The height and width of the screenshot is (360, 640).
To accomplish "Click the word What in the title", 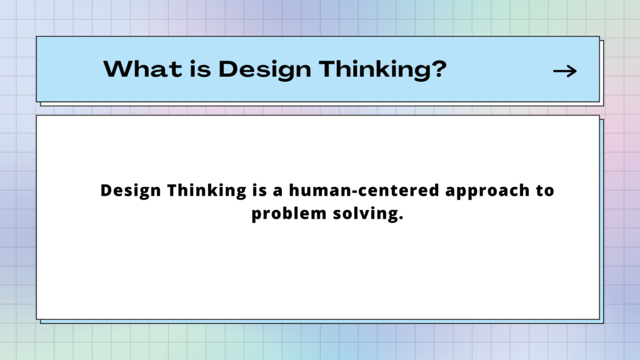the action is coord(142,69).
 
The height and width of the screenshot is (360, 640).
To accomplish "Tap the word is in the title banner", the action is coord(200,69).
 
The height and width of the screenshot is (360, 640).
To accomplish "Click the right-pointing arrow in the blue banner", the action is coord(565,71).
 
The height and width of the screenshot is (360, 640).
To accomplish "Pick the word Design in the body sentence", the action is coord(131,191).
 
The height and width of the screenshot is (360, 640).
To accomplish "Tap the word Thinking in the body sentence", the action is coord(207,191).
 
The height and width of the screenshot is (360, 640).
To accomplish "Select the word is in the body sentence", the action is coord(259,190).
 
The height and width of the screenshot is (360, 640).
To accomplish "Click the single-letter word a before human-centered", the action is coord(277,192).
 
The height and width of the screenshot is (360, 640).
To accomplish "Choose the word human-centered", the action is coord(364,190).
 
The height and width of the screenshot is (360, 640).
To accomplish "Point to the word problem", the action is coord(289,214).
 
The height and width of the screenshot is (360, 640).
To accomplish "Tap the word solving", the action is coord(365,214).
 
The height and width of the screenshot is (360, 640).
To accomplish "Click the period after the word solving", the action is coord(401,218).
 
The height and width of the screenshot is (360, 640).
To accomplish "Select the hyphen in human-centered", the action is coord(354,191).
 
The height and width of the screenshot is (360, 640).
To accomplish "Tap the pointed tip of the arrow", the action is coord(577,71).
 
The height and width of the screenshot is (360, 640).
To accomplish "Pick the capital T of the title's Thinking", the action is coord(328,69).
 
